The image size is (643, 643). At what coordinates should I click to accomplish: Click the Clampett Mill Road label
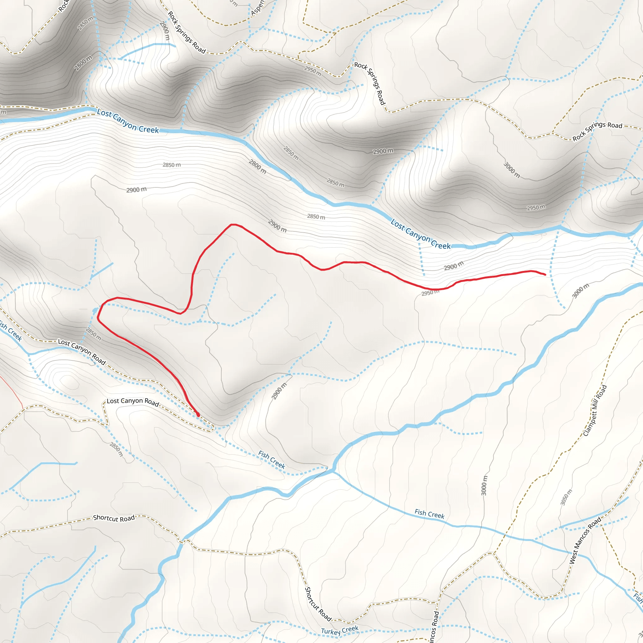[595, 410]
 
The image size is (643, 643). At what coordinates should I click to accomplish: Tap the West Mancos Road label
[585, 540]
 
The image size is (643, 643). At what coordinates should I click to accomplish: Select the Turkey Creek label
[339, 630]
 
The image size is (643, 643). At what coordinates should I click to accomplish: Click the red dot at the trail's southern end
[198, 415]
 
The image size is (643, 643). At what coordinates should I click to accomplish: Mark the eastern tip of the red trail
[545, 275]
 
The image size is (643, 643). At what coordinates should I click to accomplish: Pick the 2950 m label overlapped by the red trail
[430, 293]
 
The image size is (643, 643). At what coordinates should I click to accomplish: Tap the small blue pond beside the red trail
[95, 311]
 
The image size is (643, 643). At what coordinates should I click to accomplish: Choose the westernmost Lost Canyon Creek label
[128, 122]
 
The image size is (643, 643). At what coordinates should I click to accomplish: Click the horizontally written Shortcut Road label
[114, 518]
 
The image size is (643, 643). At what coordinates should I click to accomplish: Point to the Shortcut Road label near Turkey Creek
[318, 604]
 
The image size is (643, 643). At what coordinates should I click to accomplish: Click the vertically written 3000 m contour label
[484, 485]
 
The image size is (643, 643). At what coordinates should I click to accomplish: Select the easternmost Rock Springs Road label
[597, 131]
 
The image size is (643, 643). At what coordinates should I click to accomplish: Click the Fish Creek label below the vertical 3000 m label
[429, 514]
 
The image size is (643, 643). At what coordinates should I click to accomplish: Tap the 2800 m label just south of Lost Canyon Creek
[257, 166]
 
